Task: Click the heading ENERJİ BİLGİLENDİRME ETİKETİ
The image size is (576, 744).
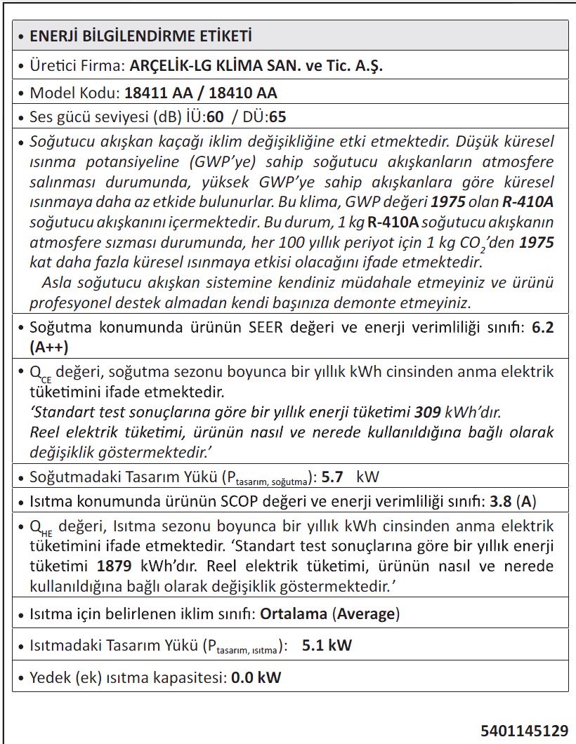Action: [x=140, y=36]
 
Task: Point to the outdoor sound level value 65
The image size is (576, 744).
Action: [x=277, y=117]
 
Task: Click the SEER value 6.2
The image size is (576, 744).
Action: [x=542, y=328]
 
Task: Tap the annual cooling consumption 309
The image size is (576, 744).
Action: [x=426, y=411]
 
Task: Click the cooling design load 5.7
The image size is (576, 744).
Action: [x=332, y=478]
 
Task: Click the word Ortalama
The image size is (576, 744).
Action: [x=294, y=613]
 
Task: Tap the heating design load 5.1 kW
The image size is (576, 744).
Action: [x=327, y=646]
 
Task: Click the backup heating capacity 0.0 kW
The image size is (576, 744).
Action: [x=256, y=678]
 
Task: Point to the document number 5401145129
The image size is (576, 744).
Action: [x=524, y=731]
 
